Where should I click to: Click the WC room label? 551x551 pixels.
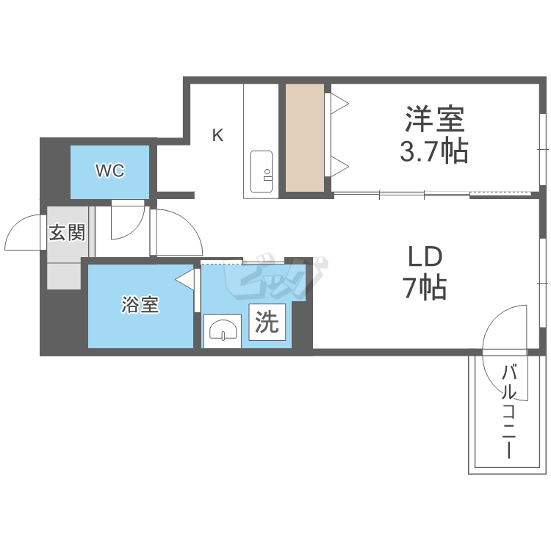point(110,170)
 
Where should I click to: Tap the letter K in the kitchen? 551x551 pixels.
point(218,135)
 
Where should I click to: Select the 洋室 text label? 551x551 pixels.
point(435,119)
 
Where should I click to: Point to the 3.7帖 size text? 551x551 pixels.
point(434,151)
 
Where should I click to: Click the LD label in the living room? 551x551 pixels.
point(425,257)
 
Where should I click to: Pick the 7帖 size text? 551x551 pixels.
point(425,288)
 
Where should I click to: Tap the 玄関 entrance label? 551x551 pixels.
point(67,233)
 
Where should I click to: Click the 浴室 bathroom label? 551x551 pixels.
point(140,305)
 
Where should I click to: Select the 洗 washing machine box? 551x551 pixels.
point(267,323)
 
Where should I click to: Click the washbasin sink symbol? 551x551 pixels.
point(223,331)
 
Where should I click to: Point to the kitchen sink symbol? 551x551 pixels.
point(261,171)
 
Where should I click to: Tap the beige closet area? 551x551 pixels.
point(305,138)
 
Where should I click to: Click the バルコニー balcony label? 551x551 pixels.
point(509,412)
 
